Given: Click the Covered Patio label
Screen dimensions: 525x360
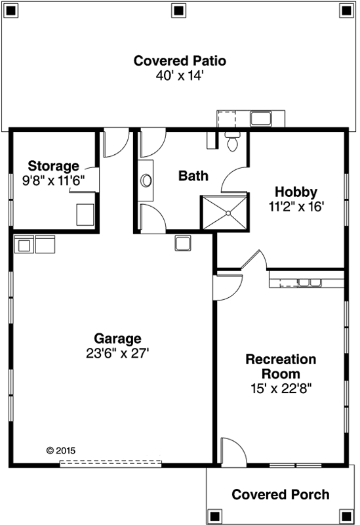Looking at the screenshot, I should point(180,61).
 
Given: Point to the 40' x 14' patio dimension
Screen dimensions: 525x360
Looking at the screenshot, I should point(180,75).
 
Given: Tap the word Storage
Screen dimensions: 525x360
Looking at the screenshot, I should point(53,166).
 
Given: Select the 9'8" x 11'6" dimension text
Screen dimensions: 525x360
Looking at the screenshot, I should point(53,179).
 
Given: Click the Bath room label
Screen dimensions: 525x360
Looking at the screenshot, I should point(193,176).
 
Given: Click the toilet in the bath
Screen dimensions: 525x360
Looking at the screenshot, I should point(232,141).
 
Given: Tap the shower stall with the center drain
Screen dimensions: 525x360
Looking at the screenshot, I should point(226,212).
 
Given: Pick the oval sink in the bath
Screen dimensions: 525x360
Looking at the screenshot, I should point(146,180).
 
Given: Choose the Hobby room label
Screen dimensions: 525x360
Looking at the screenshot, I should point(296,192).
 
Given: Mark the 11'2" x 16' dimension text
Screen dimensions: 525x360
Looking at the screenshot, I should point(296,205).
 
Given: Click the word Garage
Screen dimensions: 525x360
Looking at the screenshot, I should point(117,339).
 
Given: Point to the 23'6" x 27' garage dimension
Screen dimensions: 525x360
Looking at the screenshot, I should point(117,352).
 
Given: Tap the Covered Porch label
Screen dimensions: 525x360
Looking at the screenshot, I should point(281,495).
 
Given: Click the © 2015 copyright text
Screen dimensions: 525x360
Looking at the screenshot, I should point(61,451).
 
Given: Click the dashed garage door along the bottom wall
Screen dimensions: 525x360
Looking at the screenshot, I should point(110,463).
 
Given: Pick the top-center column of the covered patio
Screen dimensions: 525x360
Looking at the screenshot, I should point(178,10).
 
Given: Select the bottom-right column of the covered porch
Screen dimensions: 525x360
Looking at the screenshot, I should point(345,514).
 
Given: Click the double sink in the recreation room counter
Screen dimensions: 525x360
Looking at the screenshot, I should point(309,283).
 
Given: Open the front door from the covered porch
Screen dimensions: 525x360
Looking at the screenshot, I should point(233,453).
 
